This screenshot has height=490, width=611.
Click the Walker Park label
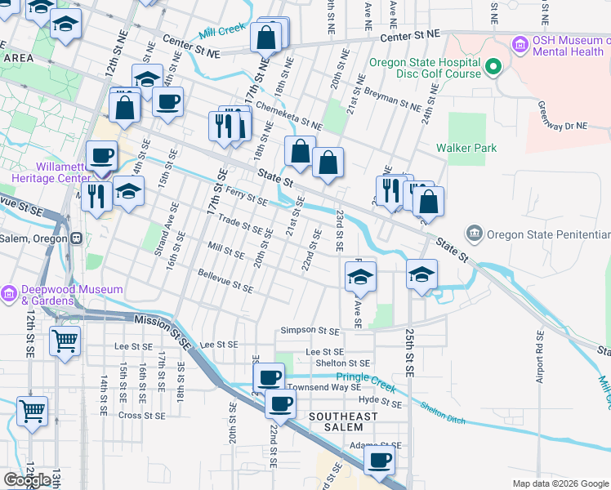pos(466,148)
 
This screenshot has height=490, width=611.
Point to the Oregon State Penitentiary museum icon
pos(475,234)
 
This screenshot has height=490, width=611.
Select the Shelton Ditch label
pos(443,416)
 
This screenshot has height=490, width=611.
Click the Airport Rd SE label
pos(539,357)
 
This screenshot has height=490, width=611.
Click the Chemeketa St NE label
pos(288,115)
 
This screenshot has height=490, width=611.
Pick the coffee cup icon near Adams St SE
pos(379,461)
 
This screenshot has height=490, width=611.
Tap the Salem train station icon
pos(77,238)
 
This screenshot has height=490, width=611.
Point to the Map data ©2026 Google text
pos(560,483)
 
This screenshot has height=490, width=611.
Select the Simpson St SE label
pos(310,331)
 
